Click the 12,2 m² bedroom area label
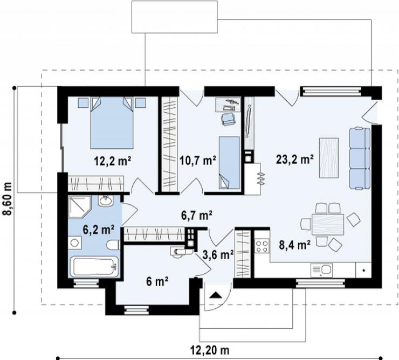coord(113,161)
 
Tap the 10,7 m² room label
coord(198,160)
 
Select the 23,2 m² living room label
coord(295,160)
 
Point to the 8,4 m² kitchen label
coord(295,245)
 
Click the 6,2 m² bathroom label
coord(98,230)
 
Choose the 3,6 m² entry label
coord(218,255)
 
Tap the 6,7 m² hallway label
coord(197,216)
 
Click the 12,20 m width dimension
coord(210,350)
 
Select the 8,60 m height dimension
coord(8,199)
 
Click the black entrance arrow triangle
coord(216,295)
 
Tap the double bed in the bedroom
coord(112,122)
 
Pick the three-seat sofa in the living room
coord(360,158)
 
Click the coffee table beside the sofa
coord(329,158)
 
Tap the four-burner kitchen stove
coord(262,246)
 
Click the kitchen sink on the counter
coord(322,271)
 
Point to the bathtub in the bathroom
coord(94,267)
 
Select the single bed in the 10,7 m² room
coord(229,163)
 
